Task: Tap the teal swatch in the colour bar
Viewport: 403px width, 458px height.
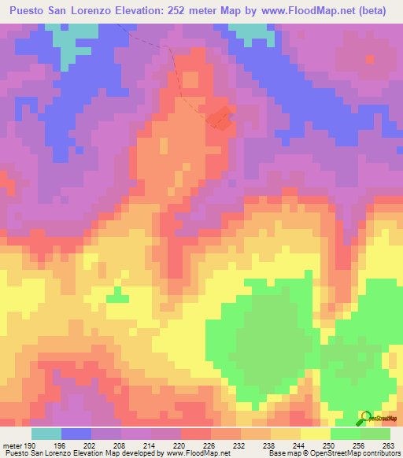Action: (x=46, y=434)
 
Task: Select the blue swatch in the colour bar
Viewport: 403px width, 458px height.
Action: (x=76, y=434)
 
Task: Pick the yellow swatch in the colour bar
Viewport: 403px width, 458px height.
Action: (x=316, y=434)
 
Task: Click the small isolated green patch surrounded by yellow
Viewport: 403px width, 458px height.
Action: (x=118, y=294)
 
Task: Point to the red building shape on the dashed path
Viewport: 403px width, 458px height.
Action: (x=220, y=117)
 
